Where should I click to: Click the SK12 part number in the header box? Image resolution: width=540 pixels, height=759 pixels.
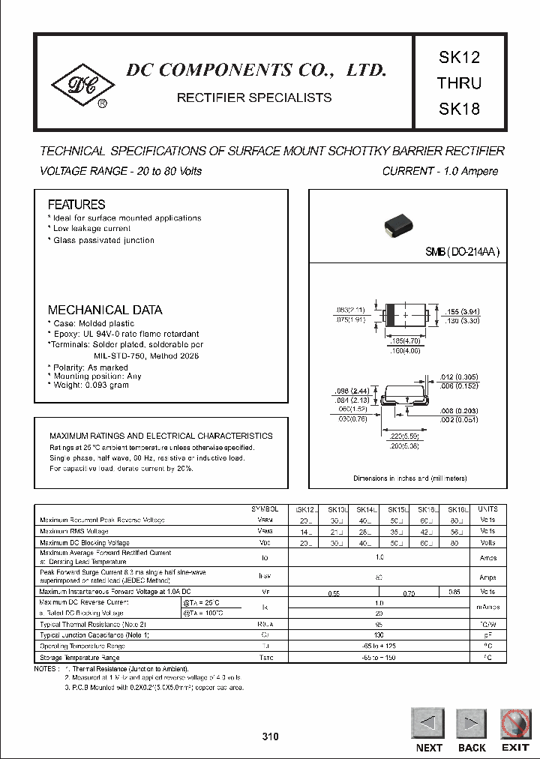pyautogui.click(x=458, y=58)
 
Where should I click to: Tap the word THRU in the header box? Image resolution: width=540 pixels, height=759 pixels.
pyautogui.click(x=458, y=82)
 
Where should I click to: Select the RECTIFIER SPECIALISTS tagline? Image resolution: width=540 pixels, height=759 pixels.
pyautogui.click(x=253, y=97)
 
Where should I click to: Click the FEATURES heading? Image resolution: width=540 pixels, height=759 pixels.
pyautogui.click(x=76, y=204)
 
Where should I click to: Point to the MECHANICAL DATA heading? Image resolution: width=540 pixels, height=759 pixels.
pyautogui.click(x=104, y=310)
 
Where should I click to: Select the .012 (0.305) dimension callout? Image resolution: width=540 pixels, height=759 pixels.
pyautogui.click(x=457, y=378)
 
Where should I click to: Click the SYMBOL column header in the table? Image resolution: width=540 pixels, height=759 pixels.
pyautogui.click(x=264, y=508)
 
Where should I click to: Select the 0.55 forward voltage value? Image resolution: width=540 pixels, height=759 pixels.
pyautogui.click(x=334, y=592)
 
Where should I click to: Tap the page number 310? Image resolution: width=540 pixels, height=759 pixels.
pyautogui.click(x=270, y=736)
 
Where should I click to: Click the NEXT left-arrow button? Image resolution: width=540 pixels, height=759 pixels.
pyautogui.click(x=428, y=724)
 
